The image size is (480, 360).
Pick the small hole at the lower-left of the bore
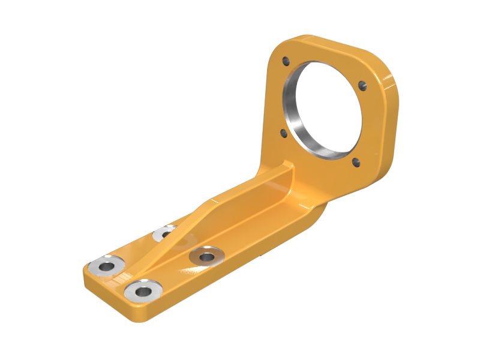(x=284, y=133)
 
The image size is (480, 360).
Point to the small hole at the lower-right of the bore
(x=356, y=161)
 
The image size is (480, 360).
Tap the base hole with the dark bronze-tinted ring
(x=206, y=257)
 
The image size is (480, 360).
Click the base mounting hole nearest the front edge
(x=144, y=292)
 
